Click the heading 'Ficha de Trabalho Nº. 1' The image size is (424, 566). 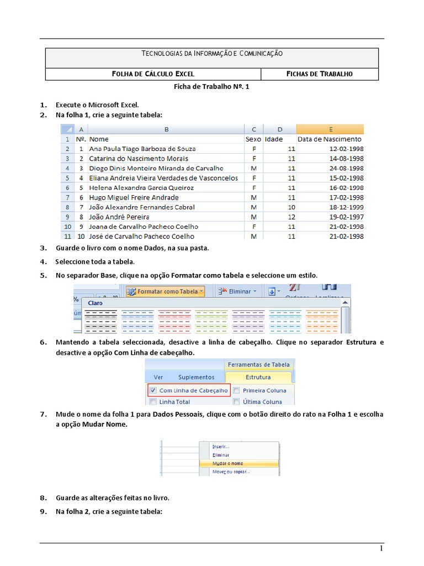(212, 87)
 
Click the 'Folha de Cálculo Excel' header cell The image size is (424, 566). (153, 74)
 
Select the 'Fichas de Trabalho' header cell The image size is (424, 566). (320, 74)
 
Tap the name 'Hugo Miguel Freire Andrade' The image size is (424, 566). (134, 197)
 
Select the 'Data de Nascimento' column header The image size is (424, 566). (330, 139)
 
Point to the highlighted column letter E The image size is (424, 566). (330, 129)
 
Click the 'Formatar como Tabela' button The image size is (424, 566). (166, 291)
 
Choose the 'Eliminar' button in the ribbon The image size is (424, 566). (236, 291)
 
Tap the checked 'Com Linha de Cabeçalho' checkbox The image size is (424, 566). (152, 390)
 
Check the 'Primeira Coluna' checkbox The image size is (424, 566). (236, 390)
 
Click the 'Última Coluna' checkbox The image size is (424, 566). (236, 402)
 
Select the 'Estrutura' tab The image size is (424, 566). (258, 377)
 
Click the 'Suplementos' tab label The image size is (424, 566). (196, 377)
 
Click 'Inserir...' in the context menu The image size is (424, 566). (221, 446)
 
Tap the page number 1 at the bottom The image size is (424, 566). (380, 548)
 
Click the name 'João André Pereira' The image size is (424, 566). (119, 217)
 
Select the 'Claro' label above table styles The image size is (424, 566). (95, 303)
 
